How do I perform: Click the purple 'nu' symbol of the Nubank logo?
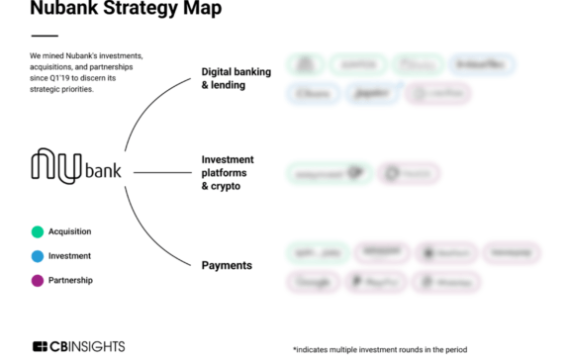tap(58, 165)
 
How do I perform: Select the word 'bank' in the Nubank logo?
tap(104, 170)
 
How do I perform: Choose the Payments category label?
tap(227, 265)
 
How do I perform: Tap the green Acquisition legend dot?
tap(37, 232)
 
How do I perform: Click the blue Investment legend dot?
tap(37, 256)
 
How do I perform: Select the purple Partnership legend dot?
tap(37, 281)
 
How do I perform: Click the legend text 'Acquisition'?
tap(69, 232)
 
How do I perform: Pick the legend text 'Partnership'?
tap(68, 281)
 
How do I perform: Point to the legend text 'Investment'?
tap(68, 256)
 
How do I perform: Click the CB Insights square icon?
tap(41, 347)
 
